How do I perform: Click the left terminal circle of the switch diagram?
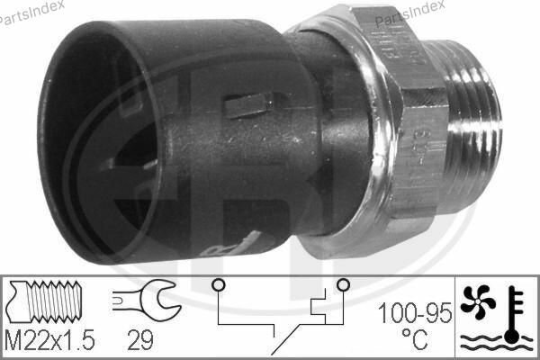(216, 285)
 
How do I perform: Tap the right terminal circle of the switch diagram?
(342, 285)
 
